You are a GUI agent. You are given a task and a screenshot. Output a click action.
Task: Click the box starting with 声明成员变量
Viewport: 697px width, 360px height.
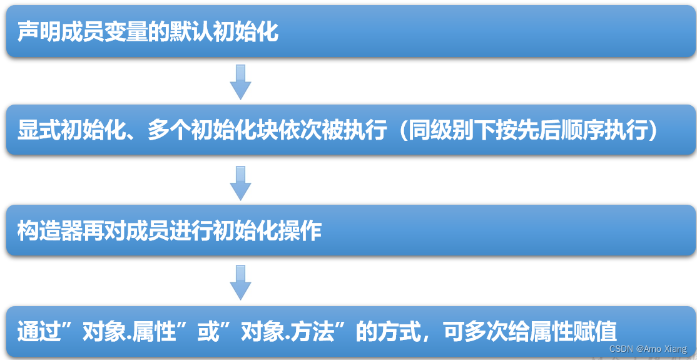(350, 31)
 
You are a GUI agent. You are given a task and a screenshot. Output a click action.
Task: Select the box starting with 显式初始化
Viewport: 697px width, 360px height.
(350, 130)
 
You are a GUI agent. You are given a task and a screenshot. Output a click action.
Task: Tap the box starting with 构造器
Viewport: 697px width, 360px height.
(350, 230)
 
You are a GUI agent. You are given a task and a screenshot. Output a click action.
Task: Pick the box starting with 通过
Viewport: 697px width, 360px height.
(350, 330)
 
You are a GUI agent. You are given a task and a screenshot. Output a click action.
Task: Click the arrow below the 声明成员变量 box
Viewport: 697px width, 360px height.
(240, 81)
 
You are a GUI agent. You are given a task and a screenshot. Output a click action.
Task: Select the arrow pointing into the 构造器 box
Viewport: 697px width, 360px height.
(240, 182)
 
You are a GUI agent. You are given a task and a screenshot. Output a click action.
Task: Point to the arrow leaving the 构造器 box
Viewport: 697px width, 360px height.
(240, 282)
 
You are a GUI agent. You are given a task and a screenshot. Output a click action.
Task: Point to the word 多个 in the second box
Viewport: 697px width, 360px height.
(164, 130)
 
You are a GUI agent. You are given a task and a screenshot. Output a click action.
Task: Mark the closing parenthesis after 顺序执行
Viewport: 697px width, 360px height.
(653, 130)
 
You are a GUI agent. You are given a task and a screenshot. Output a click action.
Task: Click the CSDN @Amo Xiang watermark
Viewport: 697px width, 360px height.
(648, 349)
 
